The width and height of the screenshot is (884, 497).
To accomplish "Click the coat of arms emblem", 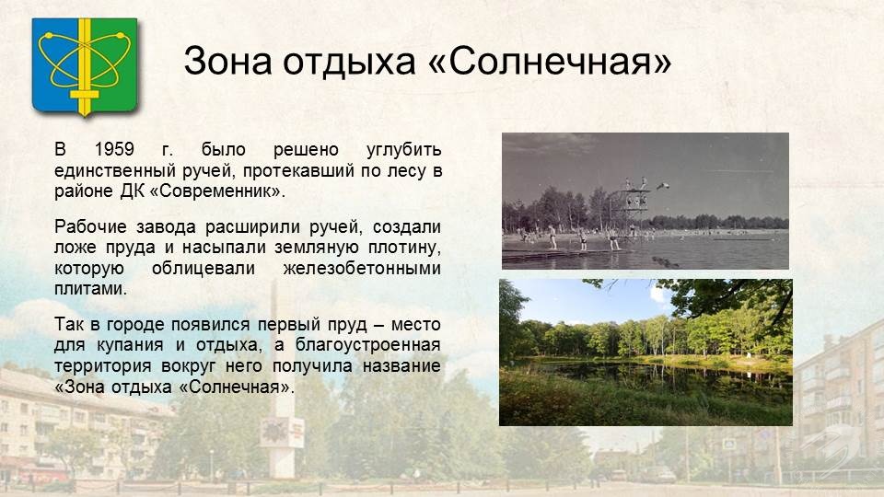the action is pyautogui.click(x=85, y=66).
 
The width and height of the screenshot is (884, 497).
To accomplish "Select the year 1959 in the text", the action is pyautogui.click(x=114, y=149).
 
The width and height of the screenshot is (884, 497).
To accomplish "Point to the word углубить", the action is pyautogui.click(x=403, y=150).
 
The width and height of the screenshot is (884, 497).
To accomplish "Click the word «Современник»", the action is pyautogui.click(x=217, y=191).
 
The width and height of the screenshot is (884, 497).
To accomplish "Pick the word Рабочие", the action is pyautogui.click(x=90, y=227).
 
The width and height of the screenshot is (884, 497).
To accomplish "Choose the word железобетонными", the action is pyautogui.click(x=362, y=268).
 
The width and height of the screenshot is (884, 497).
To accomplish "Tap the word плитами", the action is pyautogui.click(x=90, y=289).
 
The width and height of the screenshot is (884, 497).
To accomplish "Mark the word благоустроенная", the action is pyautogui.click(x=368, y=345).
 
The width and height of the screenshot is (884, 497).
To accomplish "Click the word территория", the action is pyautogui.click(x=102, y=366).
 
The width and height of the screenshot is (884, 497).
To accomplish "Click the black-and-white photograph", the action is pyautogui.click(x=645, y=201).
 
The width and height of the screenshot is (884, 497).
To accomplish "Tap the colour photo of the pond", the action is pyautogui.click(x=646, y=353).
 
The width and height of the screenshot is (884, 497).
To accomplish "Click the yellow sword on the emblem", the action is pyautogui.click(x=85, y=66).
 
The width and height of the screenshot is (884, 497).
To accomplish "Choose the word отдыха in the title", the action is pyautogui.click(x=349, y=61).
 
